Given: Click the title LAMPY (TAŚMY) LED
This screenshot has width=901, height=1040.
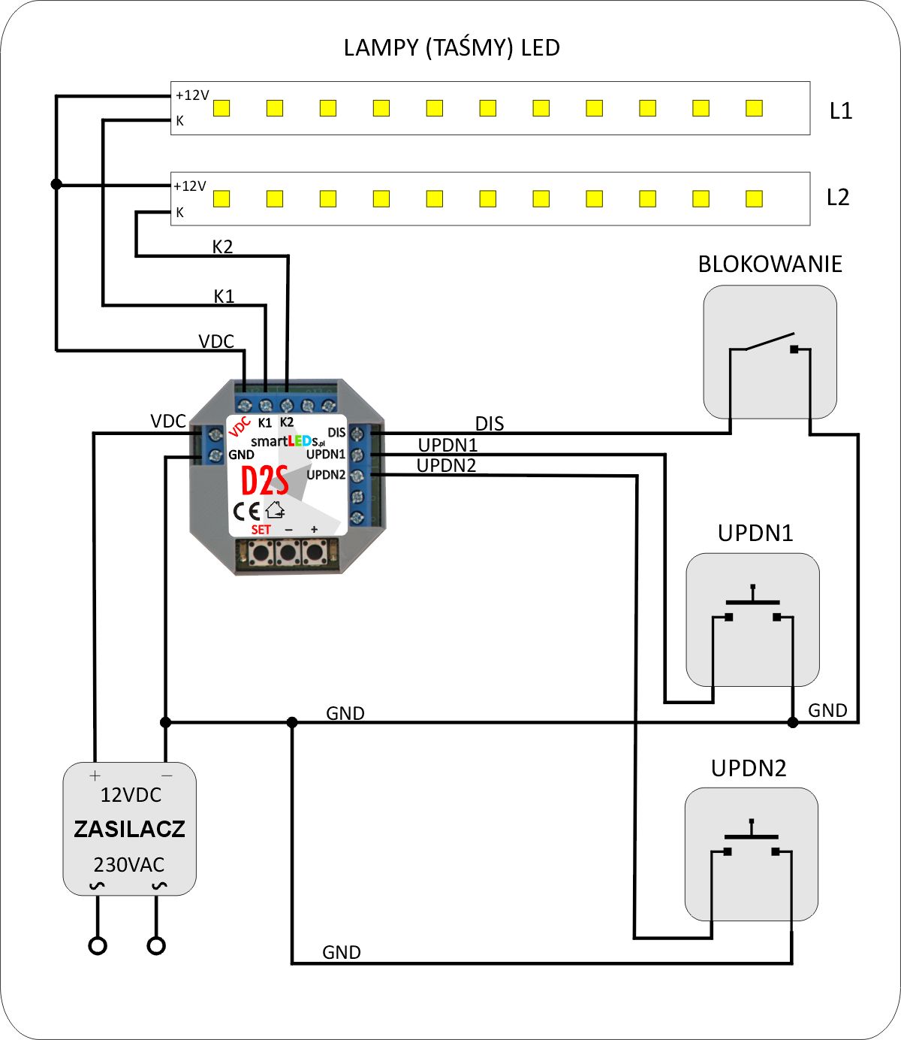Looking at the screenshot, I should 451,48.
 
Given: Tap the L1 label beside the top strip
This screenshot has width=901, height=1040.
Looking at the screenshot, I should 841,111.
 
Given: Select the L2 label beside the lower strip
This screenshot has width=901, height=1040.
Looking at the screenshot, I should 837,198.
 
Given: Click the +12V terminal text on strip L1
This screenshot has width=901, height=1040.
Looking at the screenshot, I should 192,95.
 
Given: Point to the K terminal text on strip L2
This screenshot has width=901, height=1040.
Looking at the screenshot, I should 179,213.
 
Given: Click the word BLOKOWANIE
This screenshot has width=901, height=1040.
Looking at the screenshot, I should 770,265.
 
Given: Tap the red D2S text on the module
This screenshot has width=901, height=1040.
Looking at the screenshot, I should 264,480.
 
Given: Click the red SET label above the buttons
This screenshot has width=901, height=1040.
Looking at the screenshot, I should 261,530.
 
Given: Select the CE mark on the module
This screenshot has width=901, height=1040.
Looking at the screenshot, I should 246,511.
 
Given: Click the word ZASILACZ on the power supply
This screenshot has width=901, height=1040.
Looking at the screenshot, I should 129,830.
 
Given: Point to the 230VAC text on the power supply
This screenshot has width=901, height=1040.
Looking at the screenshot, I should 129,865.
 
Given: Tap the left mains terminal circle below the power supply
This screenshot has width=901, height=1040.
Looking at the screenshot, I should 98,945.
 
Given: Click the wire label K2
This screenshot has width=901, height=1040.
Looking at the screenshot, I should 222,246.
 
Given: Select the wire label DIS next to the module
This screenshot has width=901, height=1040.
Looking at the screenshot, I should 490,424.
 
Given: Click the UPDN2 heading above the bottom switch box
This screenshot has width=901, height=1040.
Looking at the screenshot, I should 748,769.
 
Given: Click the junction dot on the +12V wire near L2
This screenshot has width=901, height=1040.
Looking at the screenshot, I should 56,184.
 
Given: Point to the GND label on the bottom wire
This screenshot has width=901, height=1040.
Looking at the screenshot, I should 342,953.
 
